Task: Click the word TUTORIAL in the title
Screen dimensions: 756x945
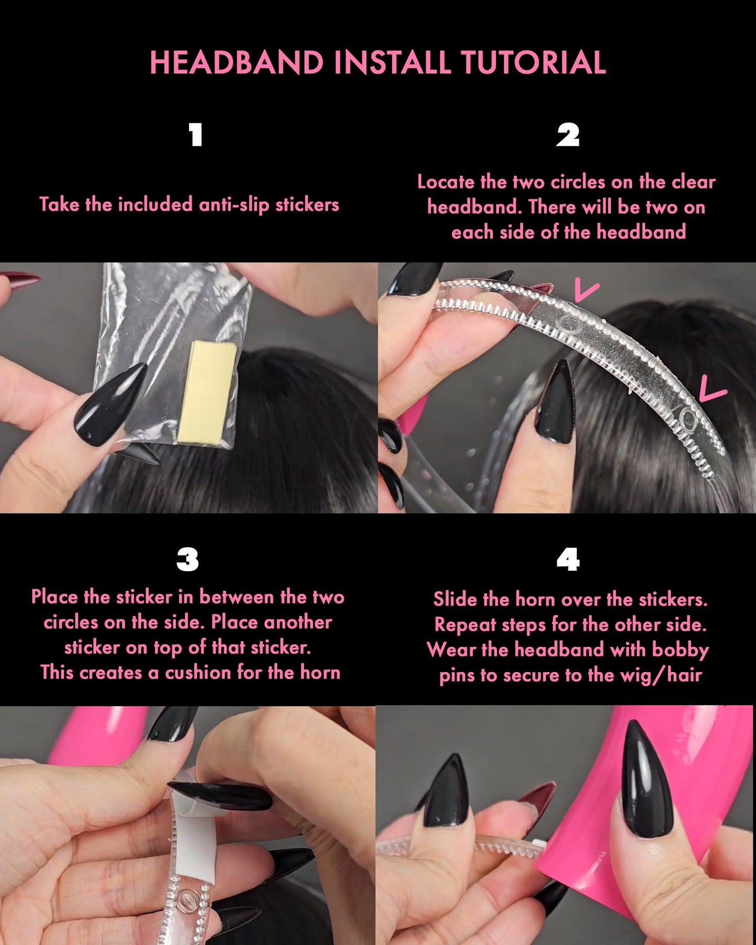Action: pyautogui.click(x=534, y=62)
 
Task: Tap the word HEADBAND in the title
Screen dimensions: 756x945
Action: pyautogui.click(x=236, y=62)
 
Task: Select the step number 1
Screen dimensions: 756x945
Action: pyautogui.click(x=196, y=135)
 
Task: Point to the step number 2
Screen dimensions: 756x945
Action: pyautogui.click(x=568, y=135)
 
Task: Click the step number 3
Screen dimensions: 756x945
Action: pyautogui.click(x=188, y=560)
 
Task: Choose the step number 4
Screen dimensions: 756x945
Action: pyautogui.click(x=568, y=560)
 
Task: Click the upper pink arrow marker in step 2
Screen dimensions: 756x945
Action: pyautogui.click(x=586, y=290)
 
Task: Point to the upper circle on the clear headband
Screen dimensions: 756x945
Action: pyautogui.click(x=568, y=325)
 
